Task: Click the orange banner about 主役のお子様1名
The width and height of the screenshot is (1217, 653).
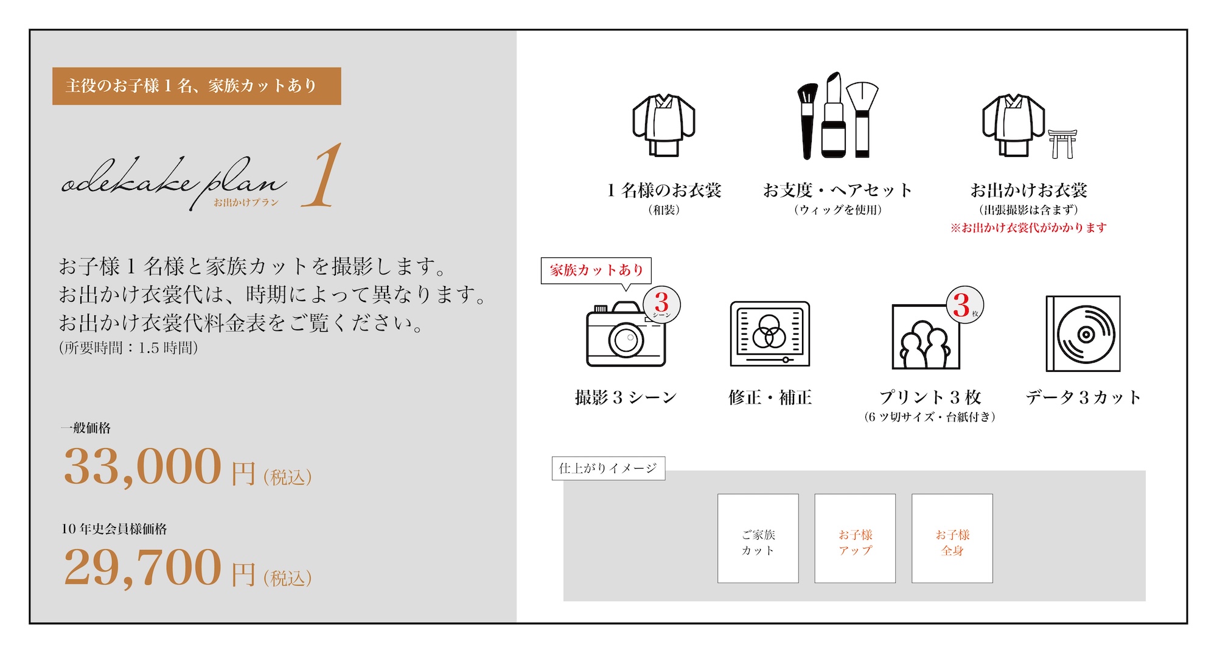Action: tap(197, 86)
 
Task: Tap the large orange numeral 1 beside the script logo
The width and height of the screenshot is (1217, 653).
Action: tap(322, 175)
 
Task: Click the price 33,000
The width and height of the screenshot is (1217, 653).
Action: tap(142, 467)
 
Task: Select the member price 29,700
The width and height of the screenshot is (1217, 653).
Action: tap(142, 568)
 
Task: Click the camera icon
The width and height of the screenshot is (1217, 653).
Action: tap(626, 334)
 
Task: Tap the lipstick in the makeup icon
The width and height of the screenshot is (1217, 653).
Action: tap(833, 115)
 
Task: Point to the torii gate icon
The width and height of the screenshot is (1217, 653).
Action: tap(1062, 144)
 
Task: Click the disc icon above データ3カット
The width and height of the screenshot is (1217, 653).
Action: tap(1083, 333)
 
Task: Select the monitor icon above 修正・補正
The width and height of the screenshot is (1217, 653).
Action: tap(770, 334)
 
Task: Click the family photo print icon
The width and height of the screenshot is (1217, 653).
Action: tap(926, 337)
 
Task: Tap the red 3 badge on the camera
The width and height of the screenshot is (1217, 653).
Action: tap(662, 304)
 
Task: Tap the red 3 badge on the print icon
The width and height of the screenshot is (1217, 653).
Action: tap(965, 304)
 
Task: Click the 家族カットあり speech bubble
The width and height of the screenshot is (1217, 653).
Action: tap(596, 270)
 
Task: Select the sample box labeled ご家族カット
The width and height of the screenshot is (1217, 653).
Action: tap(758, 539)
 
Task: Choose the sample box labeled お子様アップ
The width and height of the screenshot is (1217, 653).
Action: tap(855, 539)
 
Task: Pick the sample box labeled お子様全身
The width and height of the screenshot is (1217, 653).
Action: tap(952, 539)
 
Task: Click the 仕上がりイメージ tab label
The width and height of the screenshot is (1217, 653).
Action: tap(608, 468)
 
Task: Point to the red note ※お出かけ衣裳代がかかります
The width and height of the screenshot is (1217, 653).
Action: tap(1028, 228)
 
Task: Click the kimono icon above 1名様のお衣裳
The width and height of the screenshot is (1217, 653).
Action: tap(664, 125)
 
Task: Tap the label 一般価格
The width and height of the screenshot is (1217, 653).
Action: tap(86, 428)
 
